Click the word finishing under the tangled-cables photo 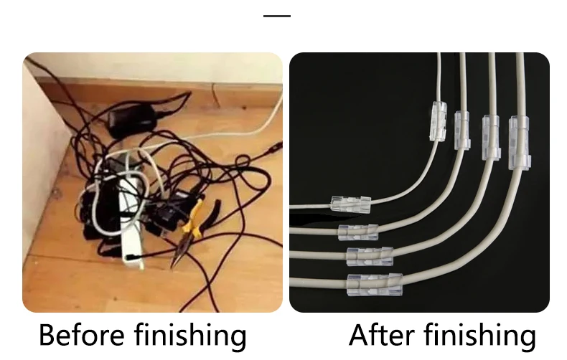tap(190, 336)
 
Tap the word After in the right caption tap(380, 336)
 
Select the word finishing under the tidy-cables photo tap(479, 336)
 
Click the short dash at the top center tap(277, 16)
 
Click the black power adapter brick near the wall tap(132, 117)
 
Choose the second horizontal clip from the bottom tap(370, 254)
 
